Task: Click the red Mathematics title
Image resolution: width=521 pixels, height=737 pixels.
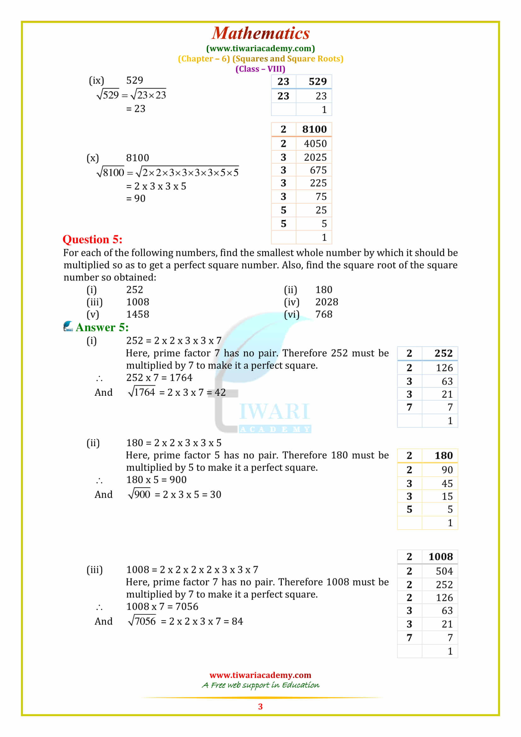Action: (x=261, y=33)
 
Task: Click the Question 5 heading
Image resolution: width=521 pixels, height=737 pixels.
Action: (x=92, y=239)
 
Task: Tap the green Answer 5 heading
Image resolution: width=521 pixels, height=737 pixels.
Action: (x=102, y=327)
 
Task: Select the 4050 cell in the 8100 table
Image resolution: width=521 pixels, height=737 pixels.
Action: (x=315, y=143)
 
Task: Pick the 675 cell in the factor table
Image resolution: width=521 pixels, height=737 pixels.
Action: (x=318, y=170)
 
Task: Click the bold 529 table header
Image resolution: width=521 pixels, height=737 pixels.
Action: (x=317, y=82)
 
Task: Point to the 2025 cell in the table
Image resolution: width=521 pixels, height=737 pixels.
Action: (x=315, y=157)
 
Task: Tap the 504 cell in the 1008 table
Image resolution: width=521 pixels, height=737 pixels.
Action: (x=444, y=571)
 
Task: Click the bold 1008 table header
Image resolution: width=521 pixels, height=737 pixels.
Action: (x=440, y=556)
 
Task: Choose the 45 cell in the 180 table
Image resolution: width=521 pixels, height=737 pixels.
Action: (x=447, y=483)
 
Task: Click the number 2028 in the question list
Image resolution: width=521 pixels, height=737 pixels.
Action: (x=327, y=302)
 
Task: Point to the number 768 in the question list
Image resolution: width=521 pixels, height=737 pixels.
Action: (x=324, y=314)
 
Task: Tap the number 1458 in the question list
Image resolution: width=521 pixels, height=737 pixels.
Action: (x=137, y=314)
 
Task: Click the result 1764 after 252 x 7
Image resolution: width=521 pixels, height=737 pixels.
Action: (x=181, y=378)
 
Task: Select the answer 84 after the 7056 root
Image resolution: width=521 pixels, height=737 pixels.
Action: (x=237, y=621)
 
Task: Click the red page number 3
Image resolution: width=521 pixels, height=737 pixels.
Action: (x=260, y=706)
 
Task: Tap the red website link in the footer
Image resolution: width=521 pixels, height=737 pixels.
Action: (x=260, y=675)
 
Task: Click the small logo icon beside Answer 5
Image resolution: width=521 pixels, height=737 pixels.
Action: (x=68, y=326)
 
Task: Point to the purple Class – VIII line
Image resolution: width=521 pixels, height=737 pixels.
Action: (x=260, y=69)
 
